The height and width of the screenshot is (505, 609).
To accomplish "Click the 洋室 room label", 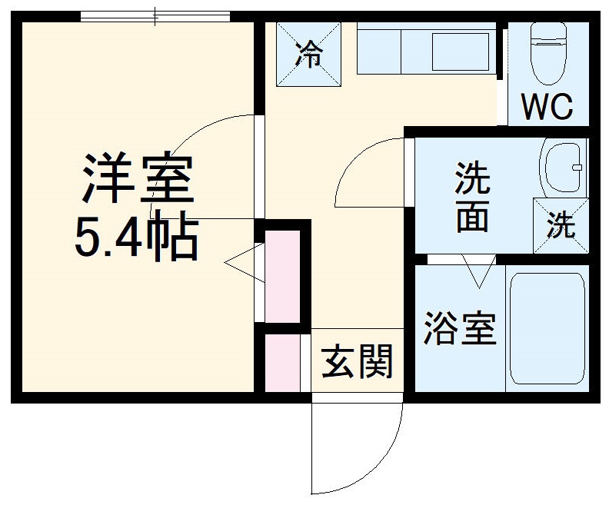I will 135,179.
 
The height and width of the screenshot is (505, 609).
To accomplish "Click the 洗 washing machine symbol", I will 561,224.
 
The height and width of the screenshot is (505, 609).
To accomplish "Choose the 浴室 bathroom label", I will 460,328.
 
